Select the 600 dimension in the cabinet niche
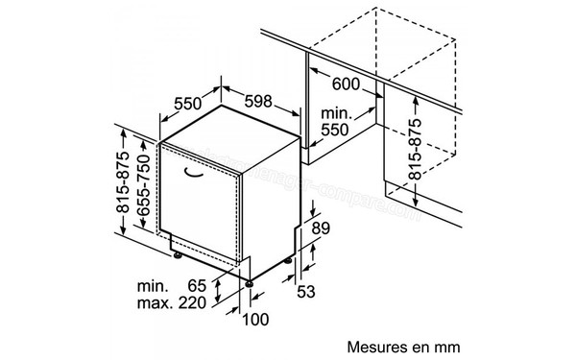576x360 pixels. click(x=349, y=84)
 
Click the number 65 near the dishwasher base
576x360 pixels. click(x=198, y=286)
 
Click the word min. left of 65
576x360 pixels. click(x=153, y=286)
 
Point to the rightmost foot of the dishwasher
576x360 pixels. click(x=290, y=262)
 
